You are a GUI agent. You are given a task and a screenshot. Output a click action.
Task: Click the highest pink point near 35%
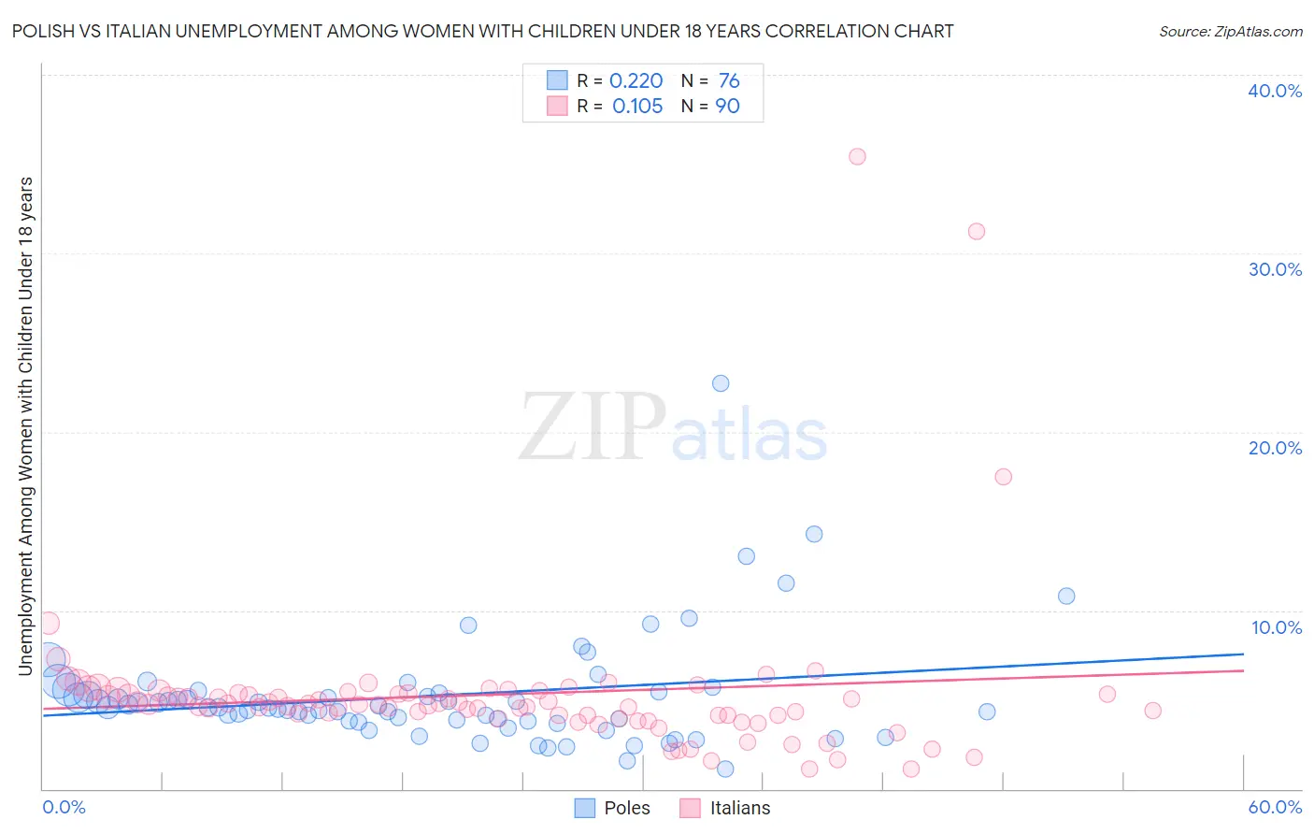[857, 156]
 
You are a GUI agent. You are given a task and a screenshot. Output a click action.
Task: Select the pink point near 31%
[977, 231]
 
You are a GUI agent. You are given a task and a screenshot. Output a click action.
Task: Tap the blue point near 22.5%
[721, 383]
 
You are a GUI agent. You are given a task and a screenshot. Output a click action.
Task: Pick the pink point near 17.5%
[1004, 477]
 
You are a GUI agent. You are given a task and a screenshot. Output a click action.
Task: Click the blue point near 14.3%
[814, 534]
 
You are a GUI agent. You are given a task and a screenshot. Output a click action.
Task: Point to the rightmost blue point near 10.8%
[1066, 596]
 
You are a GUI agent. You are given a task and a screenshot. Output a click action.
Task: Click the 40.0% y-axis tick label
[1275, 91]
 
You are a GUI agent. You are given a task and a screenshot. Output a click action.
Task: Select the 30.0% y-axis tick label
[1275, 269]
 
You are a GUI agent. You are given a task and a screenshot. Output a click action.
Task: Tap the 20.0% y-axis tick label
[1275, 448]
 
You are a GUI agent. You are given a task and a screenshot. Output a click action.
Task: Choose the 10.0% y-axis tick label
[1277, 627]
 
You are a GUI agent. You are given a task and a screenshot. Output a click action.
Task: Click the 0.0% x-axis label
[64, 807]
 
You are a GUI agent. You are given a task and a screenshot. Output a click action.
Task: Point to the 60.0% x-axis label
[1275, 807]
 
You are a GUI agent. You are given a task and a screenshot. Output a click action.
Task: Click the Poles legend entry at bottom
[612, 808]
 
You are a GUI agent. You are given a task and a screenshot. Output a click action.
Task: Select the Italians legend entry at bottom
[724, 808]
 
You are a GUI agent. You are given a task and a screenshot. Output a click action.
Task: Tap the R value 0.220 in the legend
[636, 80]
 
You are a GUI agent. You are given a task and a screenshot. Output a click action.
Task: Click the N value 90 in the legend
[727, 106]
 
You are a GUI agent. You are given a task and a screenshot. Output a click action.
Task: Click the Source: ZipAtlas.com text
[1230, 31]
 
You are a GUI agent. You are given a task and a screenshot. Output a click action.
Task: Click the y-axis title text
[25, 425]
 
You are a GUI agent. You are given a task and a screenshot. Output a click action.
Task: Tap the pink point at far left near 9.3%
[48, 623]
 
